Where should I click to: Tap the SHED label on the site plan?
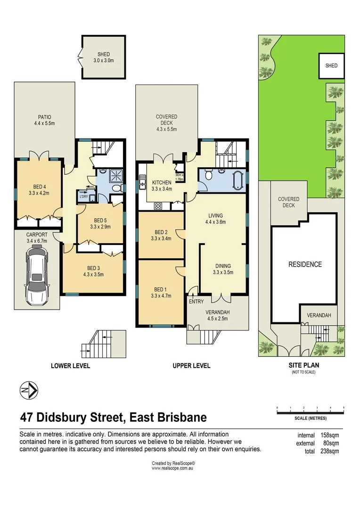click(331, 66)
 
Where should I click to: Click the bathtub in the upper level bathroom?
click(237, 181)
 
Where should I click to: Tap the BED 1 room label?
click(160, 293)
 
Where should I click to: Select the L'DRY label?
click(83, 197)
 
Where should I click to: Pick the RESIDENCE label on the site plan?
click(305, 264)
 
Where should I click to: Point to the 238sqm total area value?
click(328, 451)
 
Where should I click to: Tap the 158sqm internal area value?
click(328, 435)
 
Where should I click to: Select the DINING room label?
click(223, 266)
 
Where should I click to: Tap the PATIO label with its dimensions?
click(44, 120)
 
